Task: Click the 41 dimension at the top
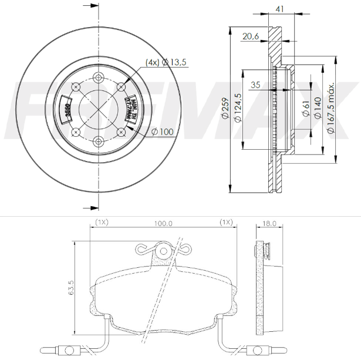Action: click(x=280, y=9)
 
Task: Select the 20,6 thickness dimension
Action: click(x=250, y=36)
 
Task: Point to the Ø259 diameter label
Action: click(x=224, y=109)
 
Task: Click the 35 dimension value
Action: click(x=255, y=85)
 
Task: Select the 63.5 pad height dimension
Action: click(x=71, y=290)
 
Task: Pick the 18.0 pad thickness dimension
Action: click(x=269, y=223)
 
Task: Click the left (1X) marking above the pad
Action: click(x=102, y=223)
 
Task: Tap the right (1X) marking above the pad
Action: click(x=226, y=223)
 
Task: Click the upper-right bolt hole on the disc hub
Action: click(x=121, y=87)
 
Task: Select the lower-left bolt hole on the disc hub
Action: click(x=76, y=132)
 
